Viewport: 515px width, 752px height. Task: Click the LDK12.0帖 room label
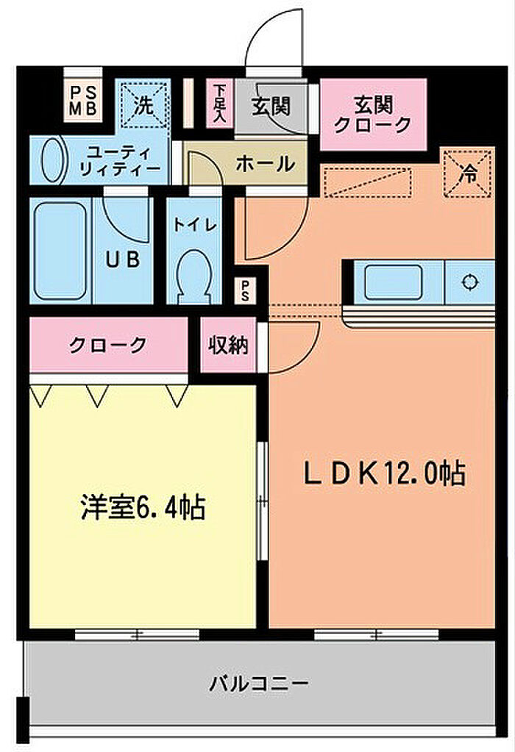point(385,473)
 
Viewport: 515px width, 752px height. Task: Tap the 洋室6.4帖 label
point(143,508)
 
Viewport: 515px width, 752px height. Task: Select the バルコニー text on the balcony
point(257,683)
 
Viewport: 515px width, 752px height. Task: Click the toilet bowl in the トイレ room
point(194,273)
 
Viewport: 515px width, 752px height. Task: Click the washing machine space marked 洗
point(144,105)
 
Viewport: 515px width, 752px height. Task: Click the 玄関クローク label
point(372,114)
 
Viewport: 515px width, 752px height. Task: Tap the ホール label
point(265,164)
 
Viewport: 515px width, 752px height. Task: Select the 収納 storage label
point(227,344)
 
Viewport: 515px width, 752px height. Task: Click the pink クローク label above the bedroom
point(108,344)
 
